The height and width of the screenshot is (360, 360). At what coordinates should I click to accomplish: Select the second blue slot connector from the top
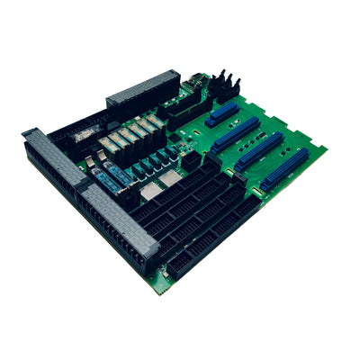click(237, 135)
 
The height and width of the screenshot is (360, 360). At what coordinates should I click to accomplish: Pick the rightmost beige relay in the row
click(155, 120)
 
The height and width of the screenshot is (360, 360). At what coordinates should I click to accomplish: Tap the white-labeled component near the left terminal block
click(86, 135)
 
